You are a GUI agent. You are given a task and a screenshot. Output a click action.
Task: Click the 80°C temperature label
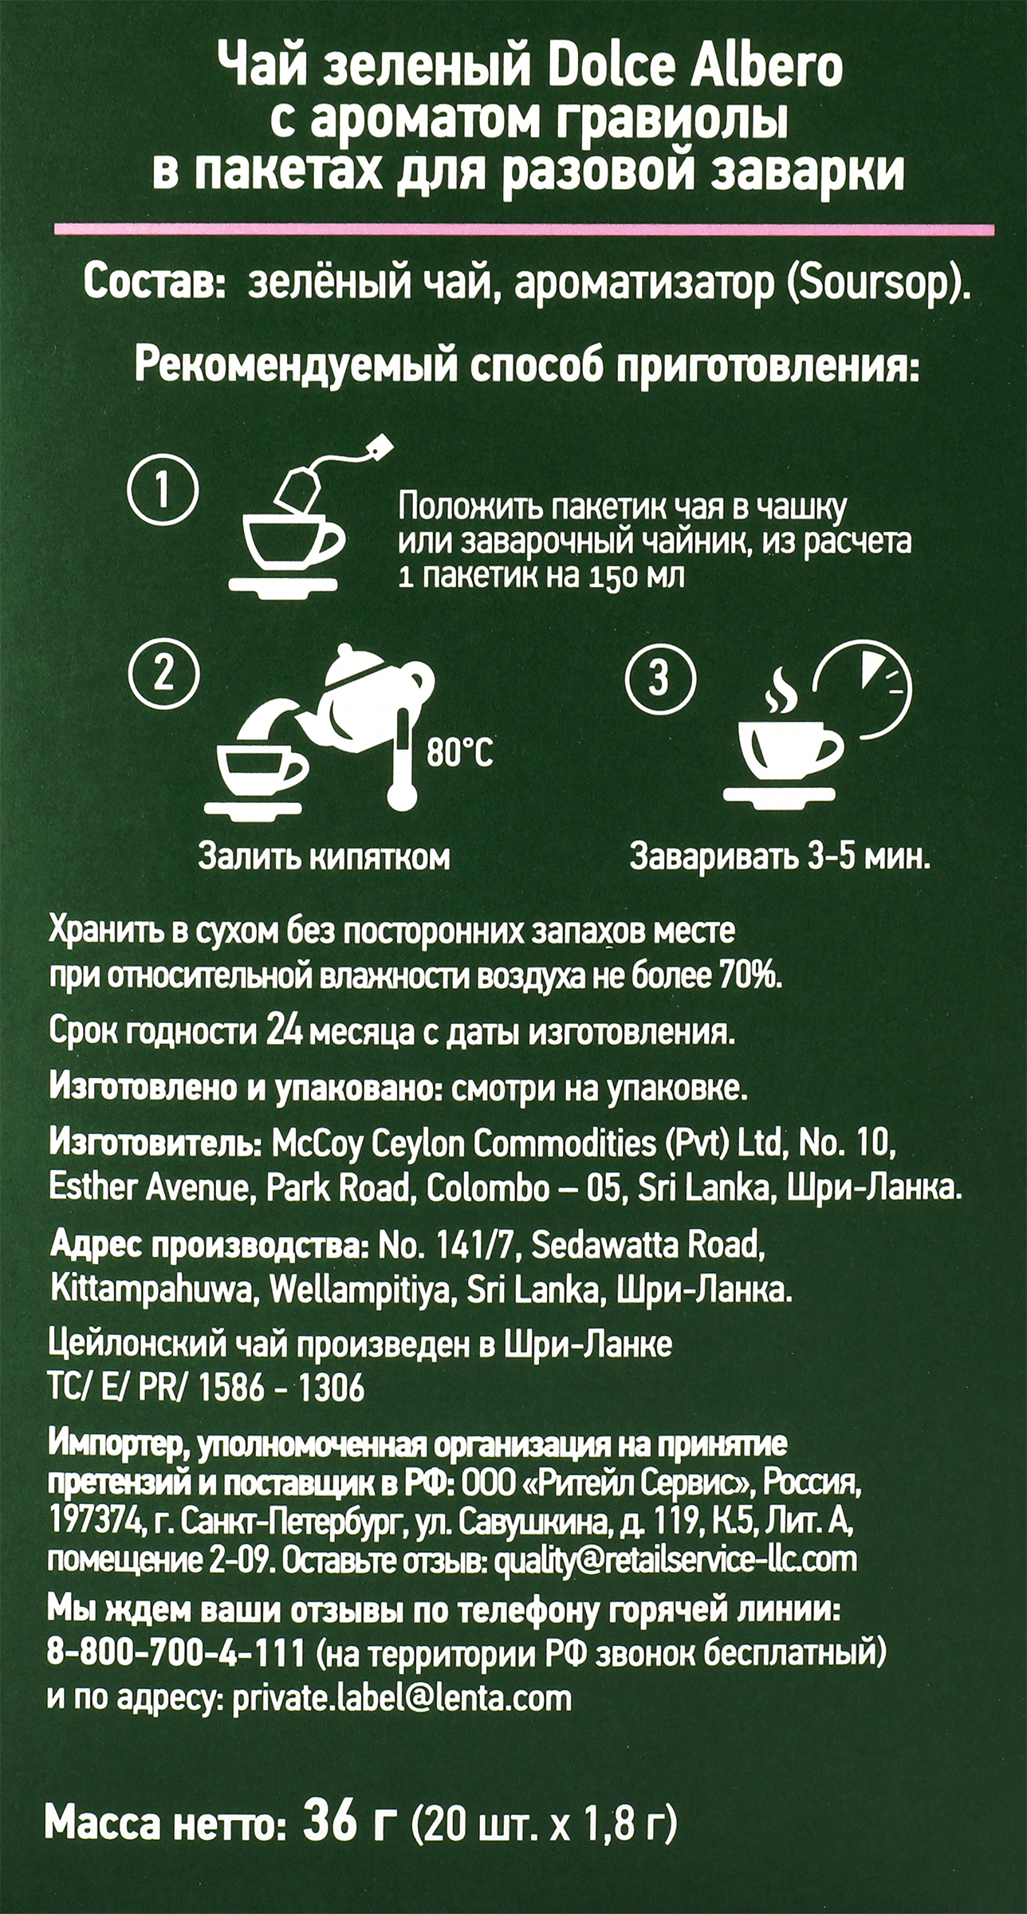459,752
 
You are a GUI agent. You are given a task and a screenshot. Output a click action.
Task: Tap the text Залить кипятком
324,857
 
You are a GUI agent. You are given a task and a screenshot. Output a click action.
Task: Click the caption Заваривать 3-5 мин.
780,857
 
